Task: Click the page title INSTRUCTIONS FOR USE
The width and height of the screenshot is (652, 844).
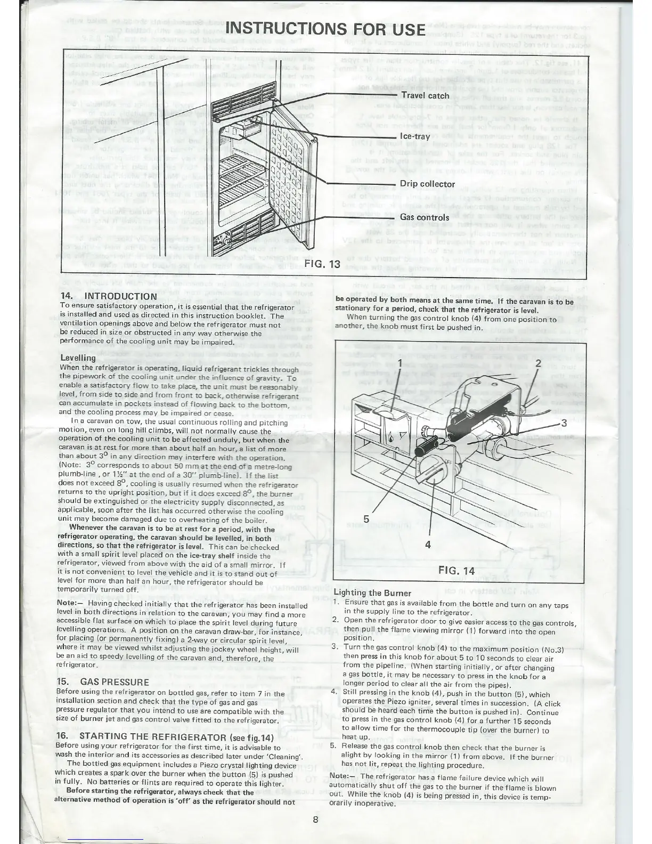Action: [326, 29]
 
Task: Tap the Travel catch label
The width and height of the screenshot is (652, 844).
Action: [425, 96]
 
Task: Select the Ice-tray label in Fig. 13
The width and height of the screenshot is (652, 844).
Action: [414, 136]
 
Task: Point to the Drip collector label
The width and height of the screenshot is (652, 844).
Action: [427, 184]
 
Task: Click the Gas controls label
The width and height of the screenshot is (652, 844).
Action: [425, 217]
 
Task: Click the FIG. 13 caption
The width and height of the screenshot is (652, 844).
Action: [322, 265]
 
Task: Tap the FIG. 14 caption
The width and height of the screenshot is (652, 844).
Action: [456, 571]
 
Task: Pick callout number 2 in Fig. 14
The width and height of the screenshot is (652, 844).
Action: [538, 363]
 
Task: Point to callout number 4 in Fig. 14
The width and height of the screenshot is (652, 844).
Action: [428, 544]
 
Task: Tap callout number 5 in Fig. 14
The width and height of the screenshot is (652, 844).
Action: [366, 518]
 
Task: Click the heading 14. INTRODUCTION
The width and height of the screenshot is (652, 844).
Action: [109, 296]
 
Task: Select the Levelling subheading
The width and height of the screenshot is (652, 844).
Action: [78, 358]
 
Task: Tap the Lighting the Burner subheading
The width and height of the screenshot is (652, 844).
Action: [372, 593]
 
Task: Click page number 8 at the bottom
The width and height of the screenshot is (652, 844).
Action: [315, 820]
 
